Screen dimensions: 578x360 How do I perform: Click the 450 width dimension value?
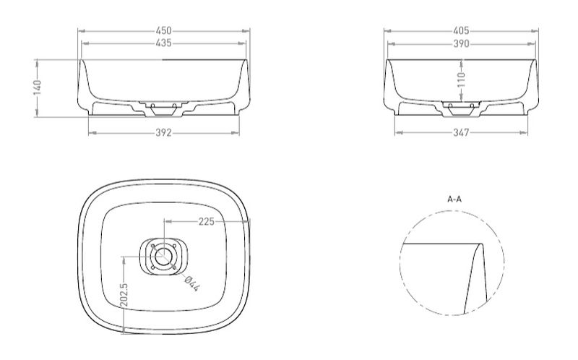point(164,30)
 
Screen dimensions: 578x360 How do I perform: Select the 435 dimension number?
point(164,43)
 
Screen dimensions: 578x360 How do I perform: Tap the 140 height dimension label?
point(38,87)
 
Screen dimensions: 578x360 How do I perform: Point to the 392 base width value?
point(164,132)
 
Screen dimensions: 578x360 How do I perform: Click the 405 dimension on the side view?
point(461,30)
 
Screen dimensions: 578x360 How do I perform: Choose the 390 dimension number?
point(461,44)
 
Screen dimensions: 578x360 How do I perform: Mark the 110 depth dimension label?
point(461,80)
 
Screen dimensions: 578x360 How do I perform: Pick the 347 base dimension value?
point(461,132)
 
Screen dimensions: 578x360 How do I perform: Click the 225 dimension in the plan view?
point(207,221)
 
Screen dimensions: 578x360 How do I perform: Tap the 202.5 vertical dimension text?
point(124,295)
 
